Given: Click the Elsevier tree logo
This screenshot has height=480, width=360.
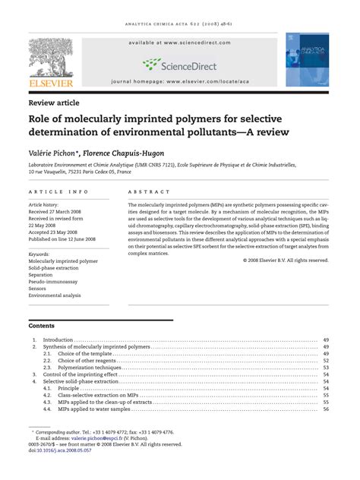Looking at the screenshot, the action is (51, 58).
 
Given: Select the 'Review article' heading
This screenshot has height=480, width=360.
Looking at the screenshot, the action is (54, 103).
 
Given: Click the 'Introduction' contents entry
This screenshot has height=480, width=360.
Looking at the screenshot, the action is (58, 339).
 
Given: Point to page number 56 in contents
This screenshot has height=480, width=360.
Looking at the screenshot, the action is (325, 409).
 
